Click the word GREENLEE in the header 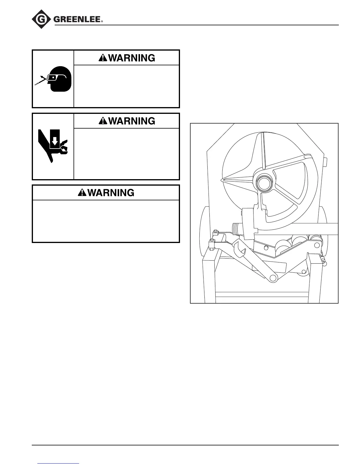77,20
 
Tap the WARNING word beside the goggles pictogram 131,58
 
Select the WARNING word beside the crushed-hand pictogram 131,121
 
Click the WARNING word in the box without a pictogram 111,193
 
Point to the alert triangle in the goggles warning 103,58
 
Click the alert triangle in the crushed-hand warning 103,121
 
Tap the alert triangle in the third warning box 82,193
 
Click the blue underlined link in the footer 59,463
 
